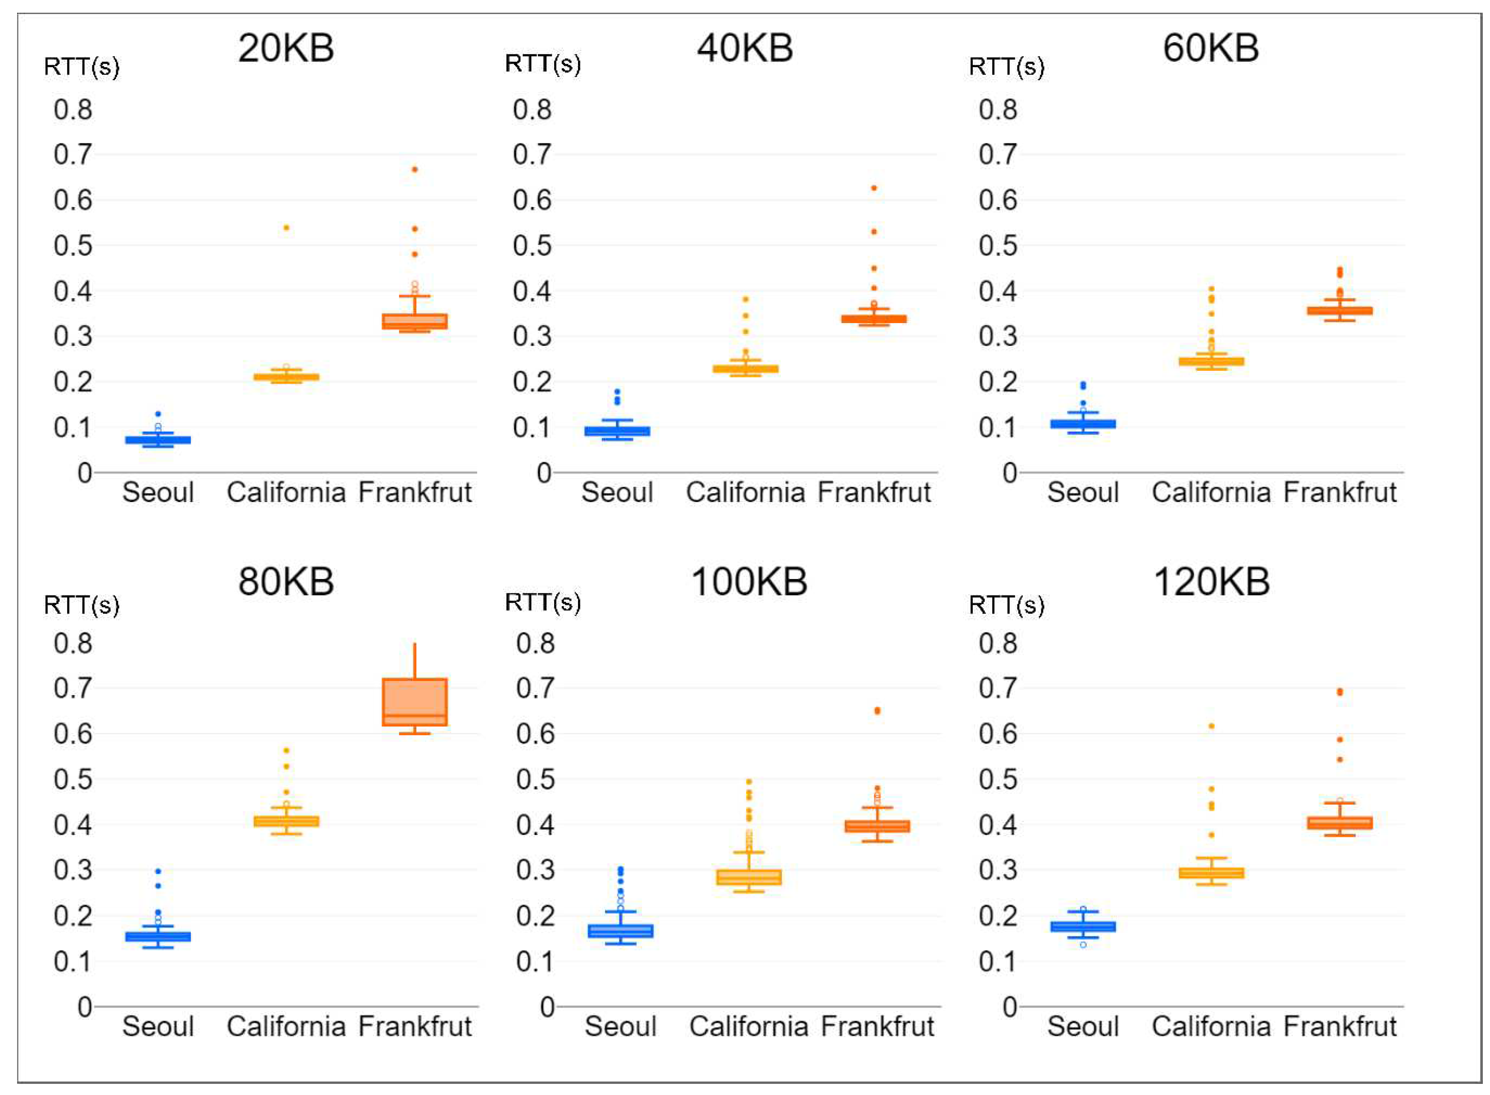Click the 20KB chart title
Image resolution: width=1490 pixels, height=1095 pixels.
click(x=286, y=48)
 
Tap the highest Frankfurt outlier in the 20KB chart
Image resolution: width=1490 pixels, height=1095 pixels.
click(x=414, y=170)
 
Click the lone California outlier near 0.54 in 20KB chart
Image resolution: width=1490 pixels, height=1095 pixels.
click(x=286, y=227)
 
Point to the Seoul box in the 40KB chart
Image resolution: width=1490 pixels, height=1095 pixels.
click(x=617, y=431)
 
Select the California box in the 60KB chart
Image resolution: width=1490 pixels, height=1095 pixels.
click(x=1211, y=361)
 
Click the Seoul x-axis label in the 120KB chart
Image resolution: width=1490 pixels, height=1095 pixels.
click(x=1083, y=1026)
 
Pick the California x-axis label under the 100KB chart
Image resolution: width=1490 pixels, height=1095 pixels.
click(x=748, y=1026)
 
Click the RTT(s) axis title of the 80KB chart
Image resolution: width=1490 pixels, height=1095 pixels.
click(x=81, y=605)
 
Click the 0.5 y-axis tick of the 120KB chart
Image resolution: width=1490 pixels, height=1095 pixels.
click(x=997, y=779)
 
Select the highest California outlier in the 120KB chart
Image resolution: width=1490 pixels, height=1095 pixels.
click(x=1211, y=726)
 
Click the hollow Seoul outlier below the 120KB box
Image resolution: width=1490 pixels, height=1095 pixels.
click(x=1083, y=944)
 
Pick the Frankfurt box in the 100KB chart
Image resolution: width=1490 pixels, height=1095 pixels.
click(x=877, y=826)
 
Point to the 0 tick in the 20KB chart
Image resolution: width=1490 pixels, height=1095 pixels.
click(x=84, y=473)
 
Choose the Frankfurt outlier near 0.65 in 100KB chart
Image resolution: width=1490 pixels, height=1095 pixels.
click(x=877, y=711)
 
